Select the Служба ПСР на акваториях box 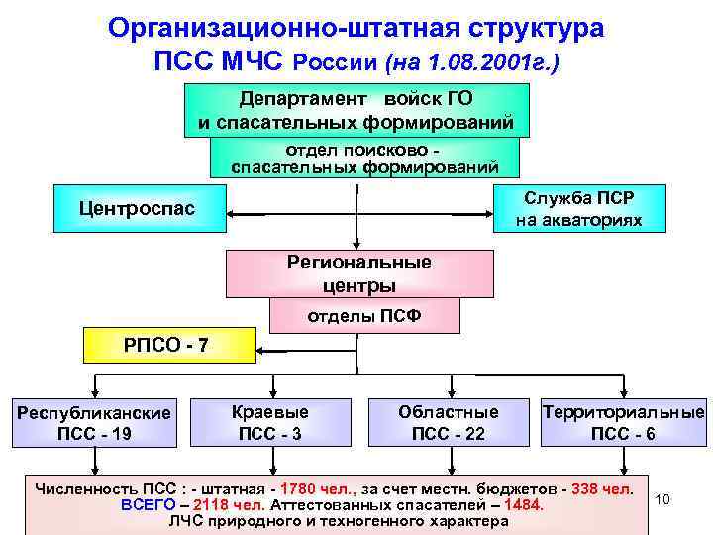tap(578, 208)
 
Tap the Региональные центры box tap(359, 274)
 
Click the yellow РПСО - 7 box tap(165, 345)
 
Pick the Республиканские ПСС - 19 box tap(94, 422)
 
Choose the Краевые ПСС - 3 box tap(269, 421)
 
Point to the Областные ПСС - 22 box tap(448, 421)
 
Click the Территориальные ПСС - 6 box tap(623, 421)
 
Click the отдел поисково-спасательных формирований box tap(362, 158)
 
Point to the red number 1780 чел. tap(316, 489)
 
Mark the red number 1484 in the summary tap(524, 506)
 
